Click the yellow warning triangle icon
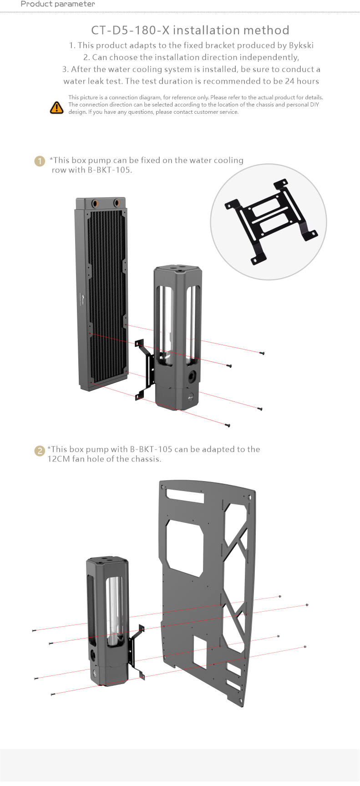tap(56, 107)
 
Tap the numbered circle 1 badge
tap(40, 161)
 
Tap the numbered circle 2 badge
tap(40, 451)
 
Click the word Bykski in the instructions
tap(301, 46)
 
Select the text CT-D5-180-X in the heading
tap(130, 30)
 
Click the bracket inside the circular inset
tap(271, 222)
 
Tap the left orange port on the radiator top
tap(96, 203)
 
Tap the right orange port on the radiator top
tap(117, 202)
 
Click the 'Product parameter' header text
tap(58, 4)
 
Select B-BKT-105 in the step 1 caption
tap(109, 170)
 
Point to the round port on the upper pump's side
tap(192, 376)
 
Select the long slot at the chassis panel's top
tap(185, 496)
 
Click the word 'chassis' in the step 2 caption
tap(146, 459)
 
